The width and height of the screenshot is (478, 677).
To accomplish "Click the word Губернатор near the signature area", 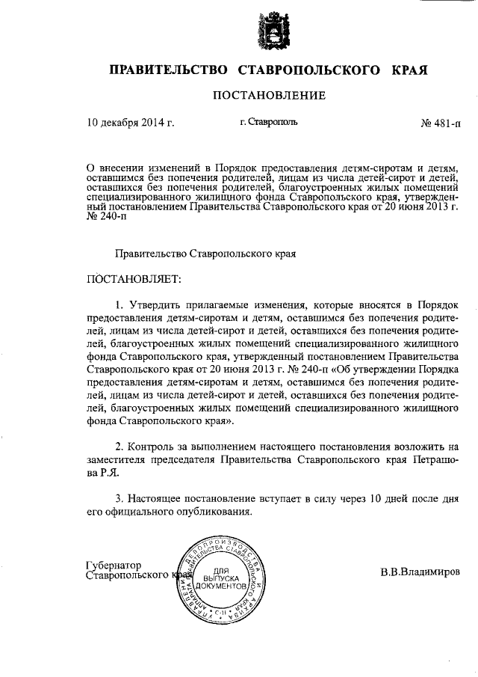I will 114,566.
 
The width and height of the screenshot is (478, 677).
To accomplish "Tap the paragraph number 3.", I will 118,497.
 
